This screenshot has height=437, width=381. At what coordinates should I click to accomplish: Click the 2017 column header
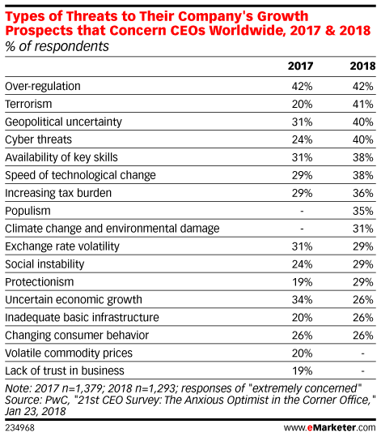[x=300, y=66]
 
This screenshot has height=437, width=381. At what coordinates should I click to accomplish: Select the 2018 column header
[x=362, y=66]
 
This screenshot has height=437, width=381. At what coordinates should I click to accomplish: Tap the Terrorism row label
[x=28, y=104]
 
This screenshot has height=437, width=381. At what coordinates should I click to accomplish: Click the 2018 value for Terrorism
[x=363, y=105]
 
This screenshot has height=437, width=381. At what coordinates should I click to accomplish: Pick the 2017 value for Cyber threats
[x=302, y=139]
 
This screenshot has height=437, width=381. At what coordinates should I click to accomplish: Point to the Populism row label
[x=28, y=211]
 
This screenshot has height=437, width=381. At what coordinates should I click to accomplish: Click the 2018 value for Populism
[x=363, y=211]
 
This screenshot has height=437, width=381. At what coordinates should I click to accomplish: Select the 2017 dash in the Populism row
[x=302, y=212]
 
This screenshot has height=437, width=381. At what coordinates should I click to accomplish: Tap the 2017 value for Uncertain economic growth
[x=302, y=300]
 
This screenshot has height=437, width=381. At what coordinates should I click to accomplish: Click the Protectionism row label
[x=40, y=282]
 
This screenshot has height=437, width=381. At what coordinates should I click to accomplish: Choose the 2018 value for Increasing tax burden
[x=363, y=193]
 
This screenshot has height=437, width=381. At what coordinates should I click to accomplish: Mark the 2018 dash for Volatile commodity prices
[x=362, y=353]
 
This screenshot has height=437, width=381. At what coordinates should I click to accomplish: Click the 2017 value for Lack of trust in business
[x=302, y=371]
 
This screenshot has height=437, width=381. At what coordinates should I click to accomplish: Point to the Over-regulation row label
[x=43, y=87]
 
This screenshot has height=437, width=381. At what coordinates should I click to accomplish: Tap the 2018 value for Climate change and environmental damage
[x=363, y=229]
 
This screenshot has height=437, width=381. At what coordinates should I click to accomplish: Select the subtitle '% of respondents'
[x=57, y=46]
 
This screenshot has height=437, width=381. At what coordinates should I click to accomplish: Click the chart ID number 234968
[x=19, y=428]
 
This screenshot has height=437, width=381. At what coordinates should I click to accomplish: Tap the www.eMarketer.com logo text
[x=329, y=427]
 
